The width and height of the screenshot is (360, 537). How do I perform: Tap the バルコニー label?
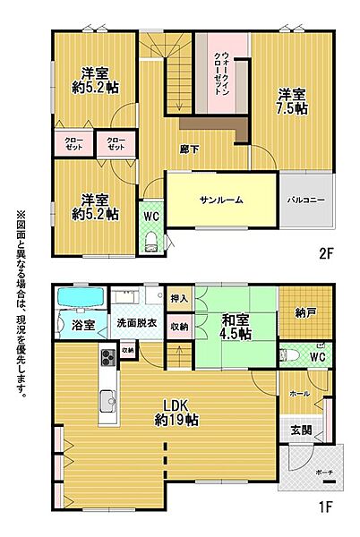(x=306, y=200)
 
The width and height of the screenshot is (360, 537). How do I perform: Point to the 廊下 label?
(x=189, y=149)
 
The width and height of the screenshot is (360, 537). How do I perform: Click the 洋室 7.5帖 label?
(x=292, y=99)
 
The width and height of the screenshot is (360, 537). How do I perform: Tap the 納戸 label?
(x=304, y=313)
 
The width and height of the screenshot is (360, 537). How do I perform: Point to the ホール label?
(x=299, y=393)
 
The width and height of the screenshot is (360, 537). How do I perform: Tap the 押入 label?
(x=179, y=298)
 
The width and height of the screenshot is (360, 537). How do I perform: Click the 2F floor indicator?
(x=325, y=253)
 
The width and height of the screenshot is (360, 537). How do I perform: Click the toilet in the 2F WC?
(x=151, y=239)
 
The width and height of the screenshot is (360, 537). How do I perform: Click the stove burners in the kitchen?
(x=106, y=359)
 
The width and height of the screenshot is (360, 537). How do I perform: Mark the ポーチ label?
(x=321, y=471)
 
